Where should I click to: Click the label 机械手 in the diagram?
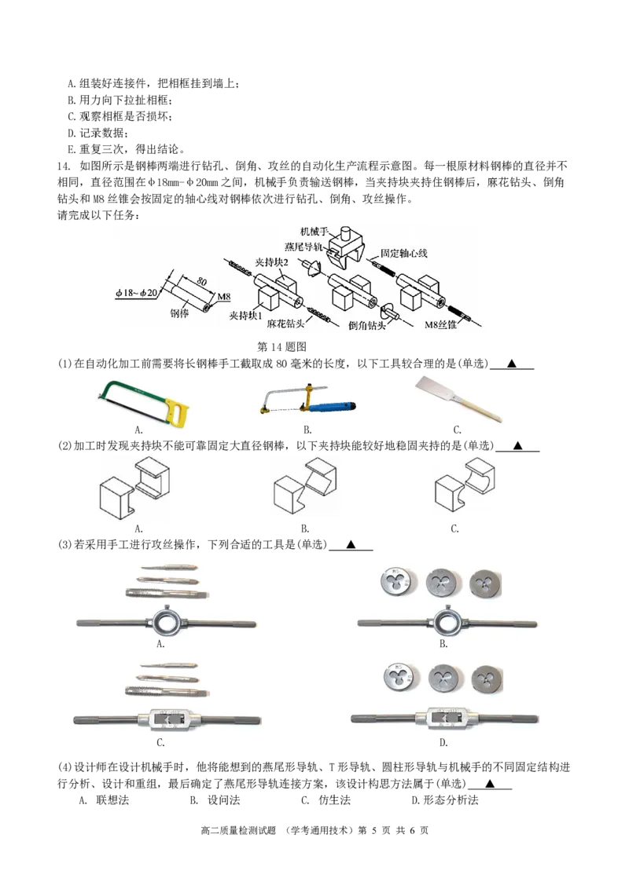click(314, 232)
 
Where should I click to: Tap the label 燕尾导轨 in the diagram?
click(303, 247)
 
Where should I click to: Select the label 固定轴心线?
click(403, 254)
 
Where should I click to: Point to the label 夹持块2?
click(271, 262)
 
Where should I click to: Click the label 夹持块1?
click(246, 315)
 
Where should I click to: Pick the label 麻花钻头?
click(285, 324)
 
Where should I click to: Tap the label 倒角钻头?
click(366, 325)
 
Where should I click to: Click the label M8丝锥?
click(440, 325)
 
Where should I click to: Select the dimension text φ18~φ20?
click(136, 293)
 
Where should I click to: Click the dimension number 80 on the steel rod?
click(201, 281)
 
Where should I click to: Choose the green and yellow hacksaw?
click(144, 401)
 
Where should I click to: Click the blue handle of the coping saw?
click(334, 407)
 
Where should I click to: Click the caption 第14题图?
click(281, 346)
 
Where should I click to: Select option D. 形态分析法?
click(444, 800)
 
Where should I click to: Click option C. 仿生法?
click(326, 800)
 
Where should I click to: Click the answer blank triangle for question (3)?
click(351, 545)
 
